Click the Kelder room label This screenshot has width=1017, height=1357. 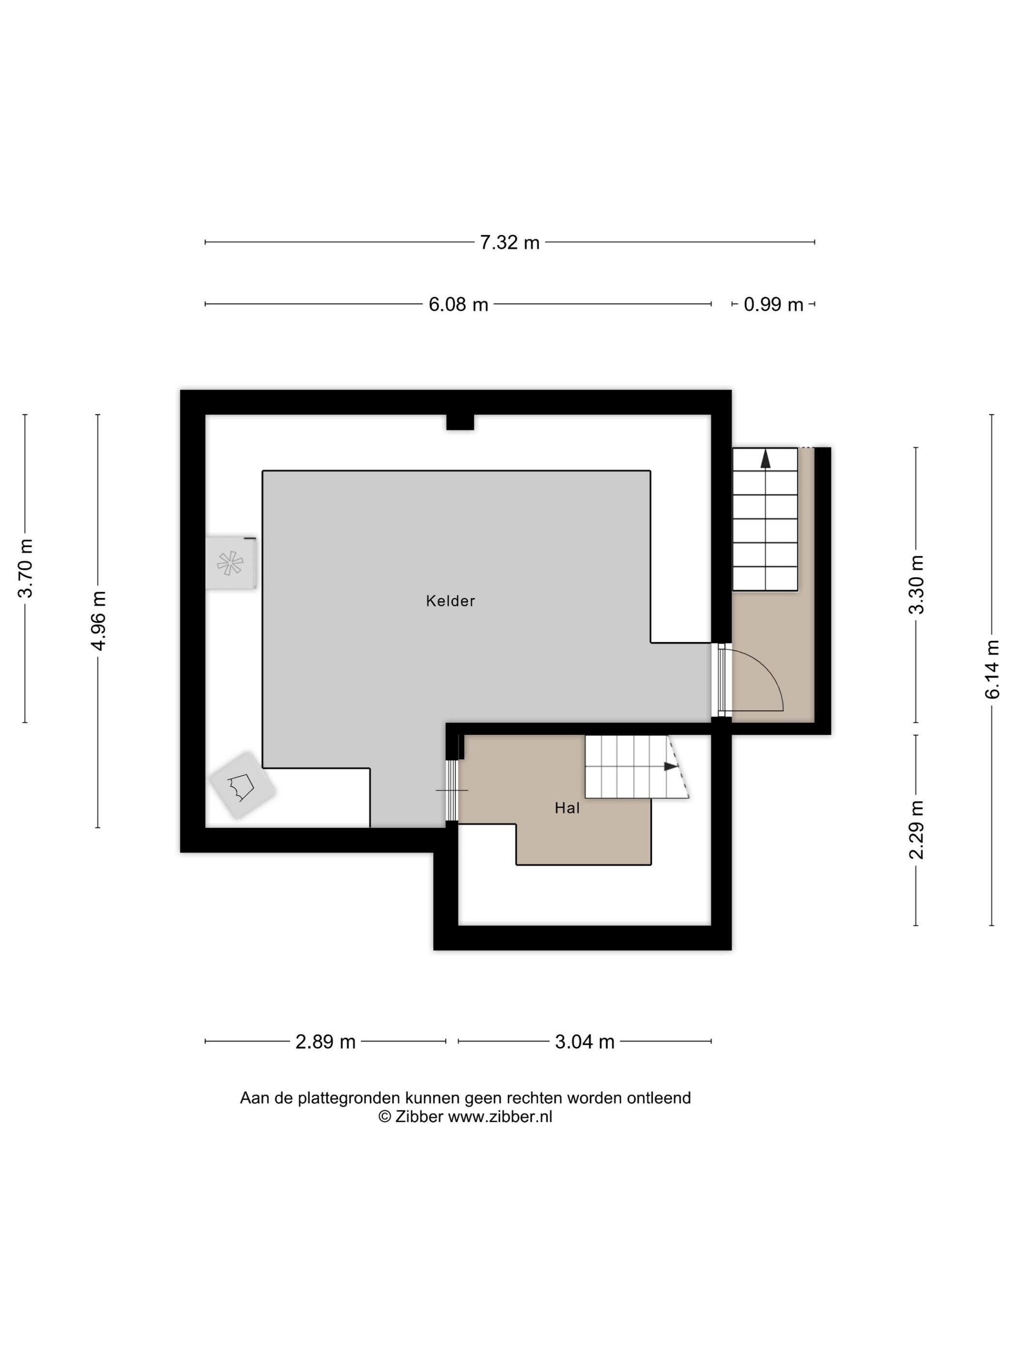(x=450, y=600)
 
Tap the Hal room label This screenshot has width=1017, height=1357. (x=567, y=808)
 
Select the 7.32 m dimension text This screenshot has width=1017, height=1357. (x=509, y=243)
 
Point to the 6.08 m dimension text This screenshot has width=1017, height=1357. (x=458, y=304)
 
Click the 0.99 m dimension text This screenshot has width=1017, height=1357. (x=773, y=304)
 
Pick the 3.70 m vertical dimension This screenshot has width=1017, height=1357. (x=25, y=568)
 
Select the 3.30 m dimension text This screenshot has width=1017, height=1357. (x=916, y=584)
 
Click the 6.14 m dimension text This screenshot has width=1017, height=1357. (x=992, y=669)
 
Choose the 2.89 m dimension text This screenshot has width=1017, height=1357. (x=325, y=1041)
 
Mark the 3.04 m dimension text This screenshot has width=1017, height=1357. (x=584, y=1041)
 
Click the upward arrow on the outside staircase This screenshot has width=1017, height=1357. (x=765, y=459)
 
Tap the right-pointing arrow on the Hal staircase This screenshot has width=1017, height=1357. (x=671, y=766)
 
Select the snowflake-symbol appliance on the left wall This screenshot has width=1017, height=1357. (x=231, y=563)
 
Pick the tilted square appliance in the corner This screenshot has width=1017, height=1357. (x=242, y=785)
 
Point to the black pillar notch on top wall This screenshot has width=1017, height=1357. (x=460, y=422)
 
